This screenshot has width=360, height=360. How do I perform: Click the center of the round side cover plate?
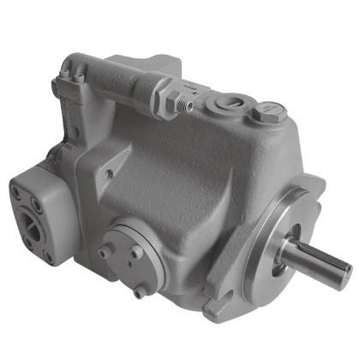129,248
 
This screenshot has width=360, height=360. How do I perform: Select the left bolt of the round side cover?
105,252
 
